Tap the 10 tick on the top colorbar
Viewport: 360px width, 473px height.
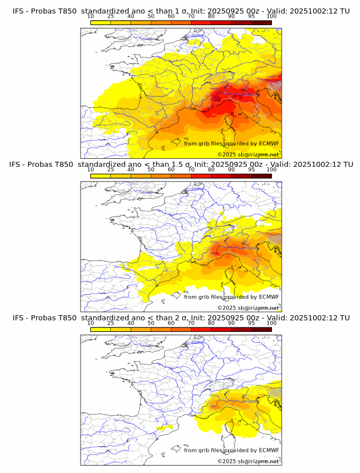tap(91, 17)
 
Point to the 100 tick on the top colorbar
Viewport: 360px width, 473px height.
tap(271, 17)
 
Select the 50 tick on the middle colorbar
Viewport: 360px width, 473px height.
tap(151, 170)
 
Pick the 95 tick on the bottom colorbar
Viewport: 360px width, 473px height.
tap(251, 323)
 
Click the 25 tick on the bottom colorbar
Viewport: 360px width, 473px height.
tap(111, 323)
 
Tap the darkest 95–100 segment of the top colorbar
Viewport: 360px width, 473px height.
tap(261, 22)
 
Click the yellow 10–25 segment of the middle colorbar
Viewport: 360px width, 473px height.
tap(101, 175)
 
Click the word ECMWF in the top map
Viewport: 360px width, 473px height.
tap(269, 143)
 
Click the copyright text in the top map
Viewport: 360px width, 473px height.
tap(248, 154)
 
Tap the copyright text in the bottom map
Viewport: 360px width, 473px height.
tap(248, 461)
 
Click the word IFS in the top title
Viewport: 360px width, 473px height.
tap(18, 11)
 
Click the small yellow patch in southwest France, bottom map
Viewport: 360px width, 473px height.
tap(164, 427)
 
